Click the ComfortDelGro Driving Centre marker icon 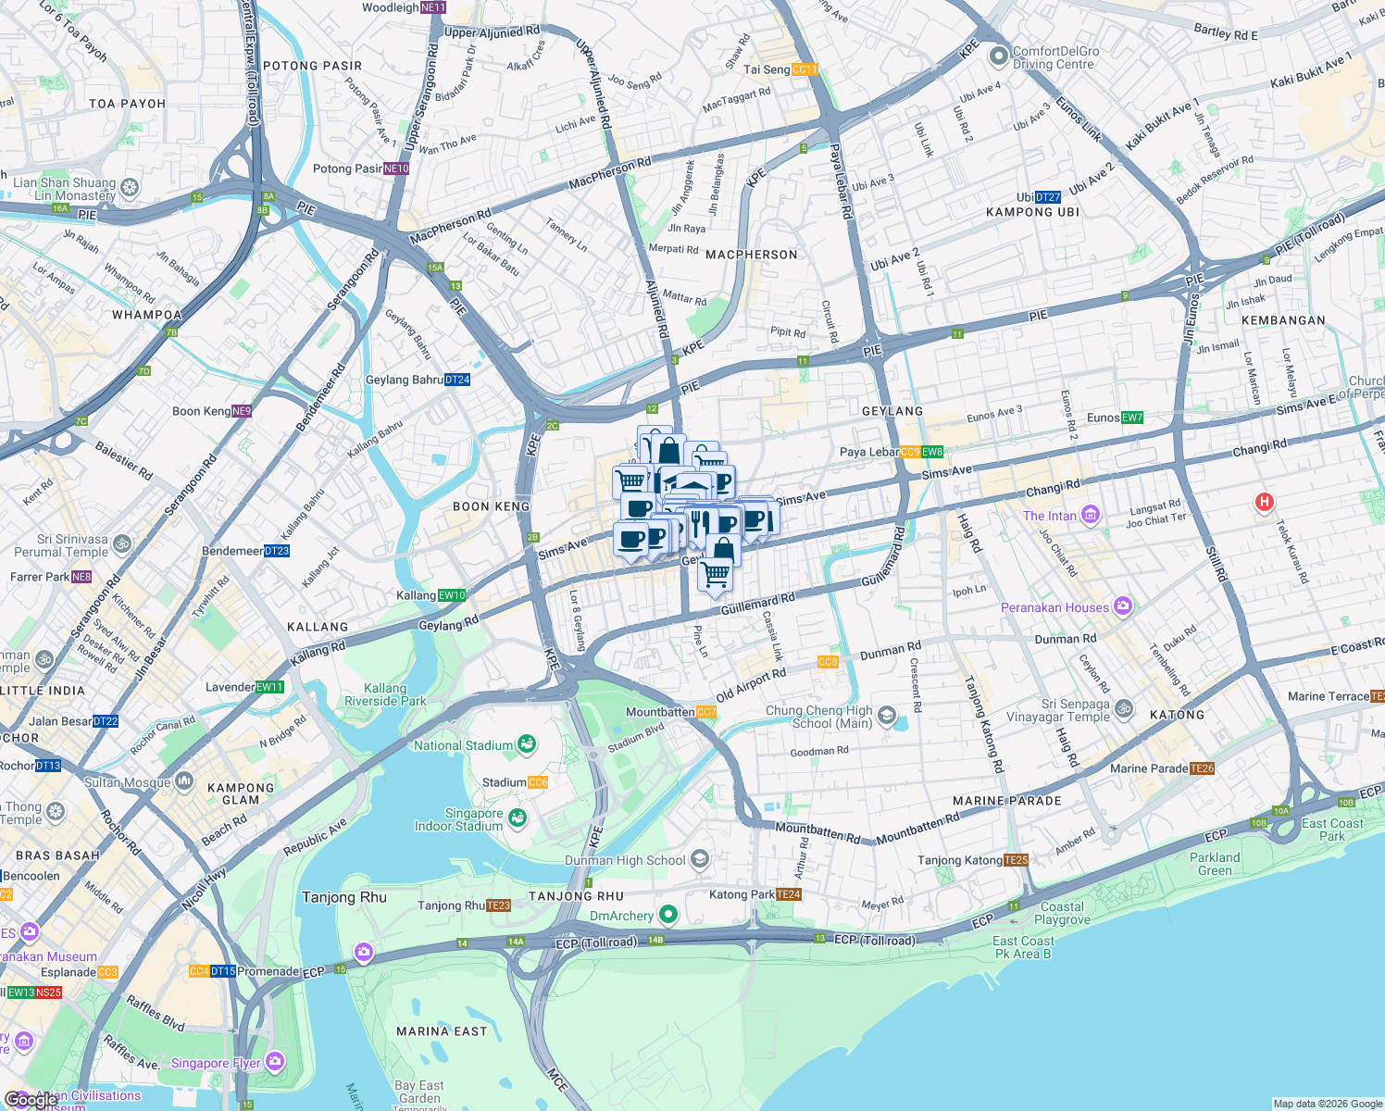click(x=998, y=57)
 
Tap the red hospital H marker click(x=1264, y=503)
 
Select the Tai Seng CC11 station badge click(x=805, y=69)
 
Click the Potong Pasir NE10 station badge click(x=396, y=169)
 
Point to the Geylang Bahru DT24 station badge click(x=457, y=380)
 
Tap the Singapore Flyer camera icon click(x=275, y=1062)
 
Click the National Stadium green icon click(x=526, y=744)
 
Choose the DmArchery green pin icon click(x=668, y=916)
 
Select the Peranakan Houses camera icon click(x=1123, y=607)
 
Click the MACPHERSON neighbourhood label click(x=751, y=255)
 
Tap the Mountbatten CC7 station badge click(x=706, y=712)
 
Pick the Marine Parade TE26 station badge click(x=1203, y=768)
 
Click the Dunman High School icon click(x=700, y=860)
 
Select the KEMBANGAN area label click(x=1283, y=320)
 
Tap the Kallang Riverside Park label click(x=385, y=694)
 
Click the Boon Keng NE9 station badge click(x=242, y=411)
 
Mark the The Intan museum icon click(x=1090, y=516)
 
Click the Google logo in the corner click(x=30, y=1100)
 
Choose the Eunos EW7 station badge click(x=1132, y=418)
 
